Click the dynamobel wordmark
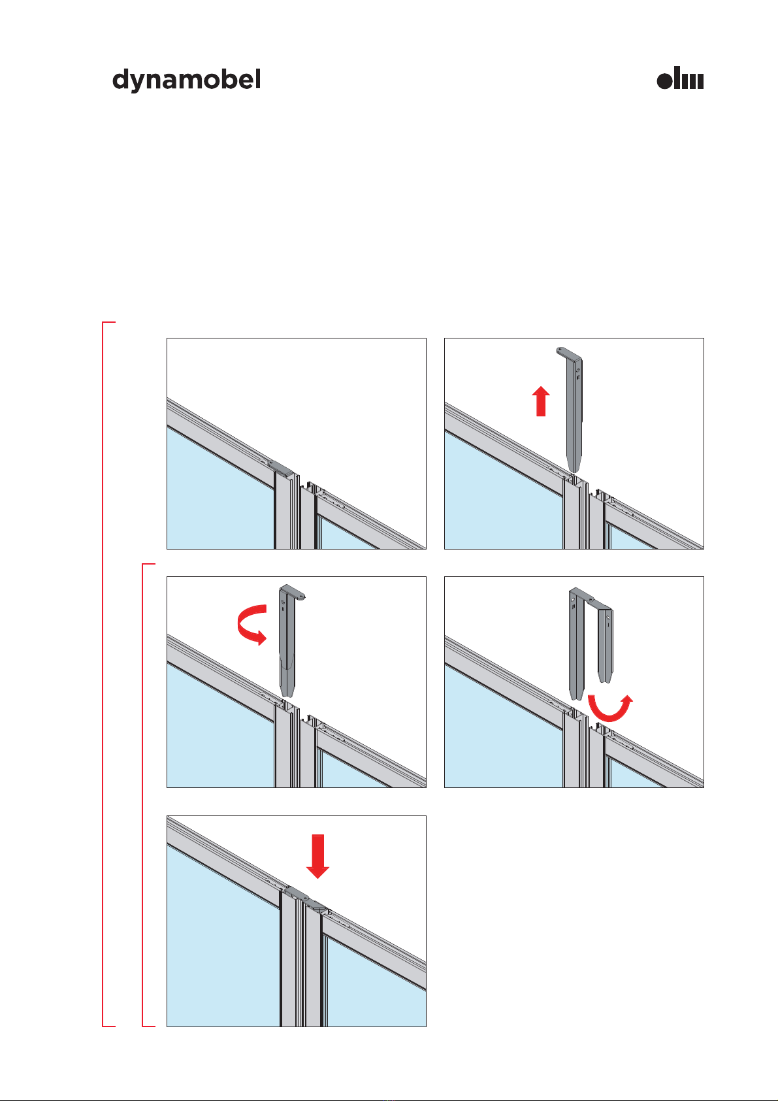[186, 80]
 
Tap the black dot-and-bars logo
[680, 78]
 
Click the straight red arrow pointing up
[541, 401]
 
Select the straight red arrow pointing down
[317, 856]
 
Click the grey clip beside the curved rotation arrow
[289, 640]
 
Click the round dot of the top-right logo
[664, 80]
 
